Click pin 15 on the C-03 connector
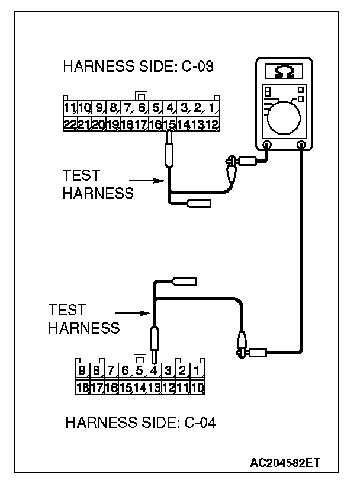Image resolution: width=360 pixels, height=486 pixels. [170, 124]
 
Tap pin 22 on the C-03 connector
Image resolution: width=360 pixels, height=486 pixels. [70, 124]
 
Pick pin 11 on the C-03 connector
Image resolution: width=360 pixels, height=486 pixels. [70, 108]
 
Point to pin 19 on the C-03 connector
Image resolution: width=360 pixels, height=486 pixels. [112, 124]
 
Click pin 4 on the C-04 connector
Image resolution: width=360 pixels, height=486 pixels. [154, 372]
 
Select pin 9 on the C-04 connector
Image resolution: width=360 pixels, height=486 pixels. [83, 372]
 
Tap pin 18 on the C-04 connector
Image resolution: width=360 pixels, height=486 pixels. [83, 388]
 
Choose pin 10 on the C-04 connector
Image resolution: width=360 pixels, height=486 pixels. [198, 388]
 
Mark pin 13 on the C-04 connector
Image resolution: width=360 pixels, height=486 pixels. [154, 388]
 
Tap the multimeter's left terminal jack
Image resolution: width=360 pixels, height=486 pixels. [267, 145]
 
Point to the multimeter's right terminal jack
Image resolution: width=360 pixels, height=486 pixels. [301, 145]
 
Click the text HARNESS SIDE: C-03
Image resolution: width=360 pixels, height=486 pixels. [138, 66]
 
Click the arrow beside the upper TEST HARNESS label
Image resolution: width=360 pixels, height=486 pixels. [146, 181]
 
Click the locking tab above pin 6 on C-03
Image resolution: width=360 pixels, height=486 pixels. [141, 95]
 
